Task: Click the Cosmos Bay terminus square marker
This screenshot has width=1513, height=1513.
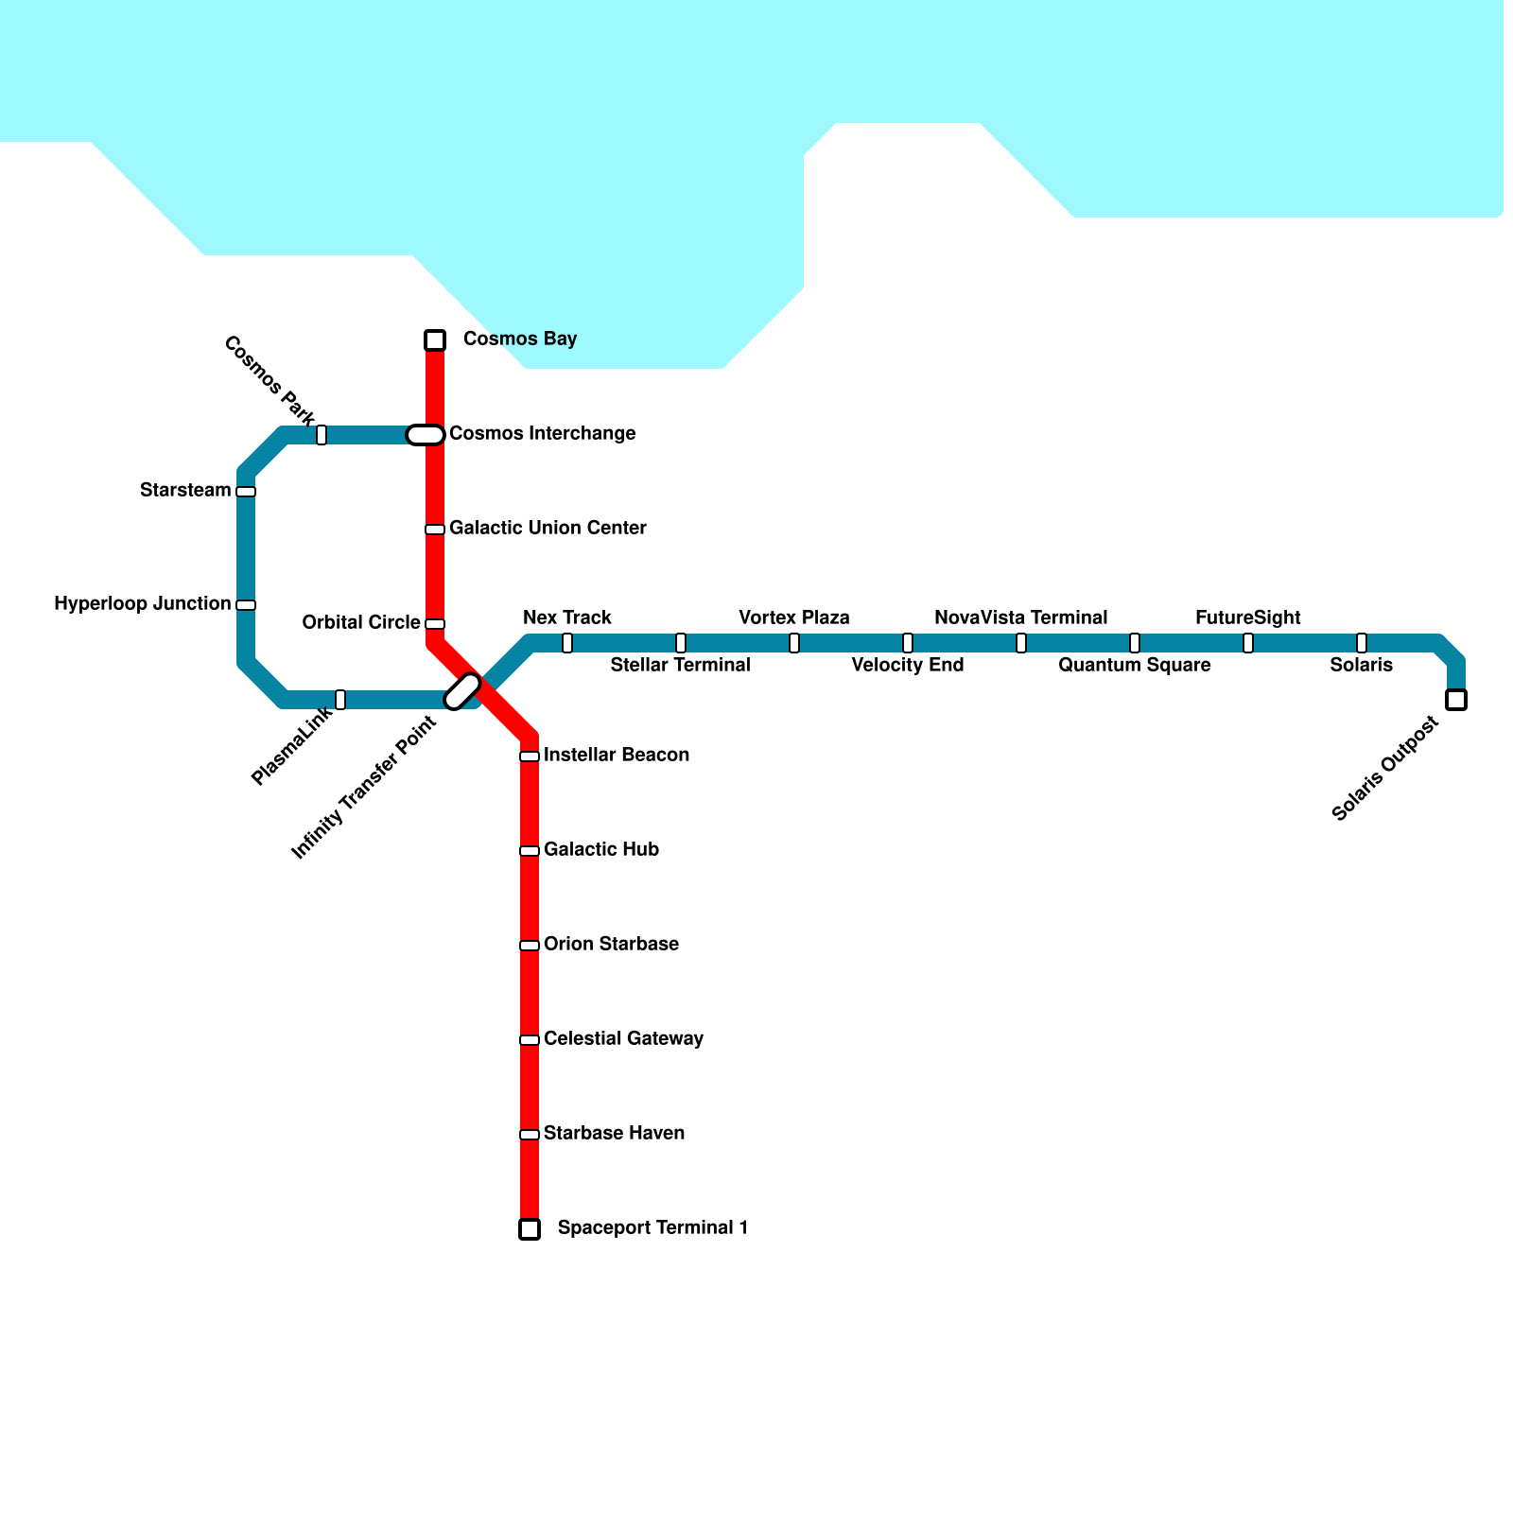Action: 435,340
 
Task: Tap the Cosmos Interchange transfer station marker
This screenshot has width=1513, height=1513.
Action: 426,435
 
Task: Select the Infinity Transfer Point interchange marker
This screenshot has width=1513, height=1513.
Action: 462,691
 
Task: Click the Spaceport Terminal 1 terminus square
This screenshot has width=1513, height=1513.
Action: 530,1229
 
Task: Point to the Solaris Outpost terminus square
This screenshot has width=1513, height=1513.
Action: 1456,700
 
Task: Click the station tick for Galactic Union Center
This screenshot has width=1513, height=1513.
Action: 435,530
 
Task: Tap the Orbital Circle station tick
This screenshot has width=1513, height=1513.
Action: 435,624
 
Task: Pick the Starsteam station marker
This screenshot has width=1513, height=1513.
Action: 246,492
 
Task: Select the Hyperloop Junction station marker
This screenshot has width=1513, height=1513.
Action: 246,605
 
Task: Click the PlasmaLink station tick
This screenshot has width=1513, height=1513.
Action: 340,700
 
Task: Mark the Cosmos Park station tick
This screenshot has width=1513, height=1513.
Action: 322,435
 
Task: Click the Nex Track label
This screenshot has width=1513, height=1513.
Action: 567,618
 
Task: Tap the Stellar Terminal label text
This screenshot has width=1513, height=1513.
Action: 680,666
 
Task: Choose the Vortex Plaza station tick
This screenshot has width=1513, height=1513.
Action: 794,643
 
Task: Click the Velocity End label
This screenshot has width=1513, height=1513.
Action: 907,666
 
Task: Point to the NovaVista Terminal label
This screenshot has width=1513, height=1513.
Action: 1020,618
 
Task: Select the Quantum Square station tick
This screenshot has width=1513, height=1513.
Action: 1135,643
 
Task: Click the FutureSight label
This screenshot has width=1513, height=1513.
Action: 1247,618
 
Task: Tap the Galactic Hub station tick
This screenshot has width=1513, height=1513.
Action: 530,851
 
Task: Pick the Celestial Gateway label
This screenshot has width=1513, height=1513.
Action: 623,1039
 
